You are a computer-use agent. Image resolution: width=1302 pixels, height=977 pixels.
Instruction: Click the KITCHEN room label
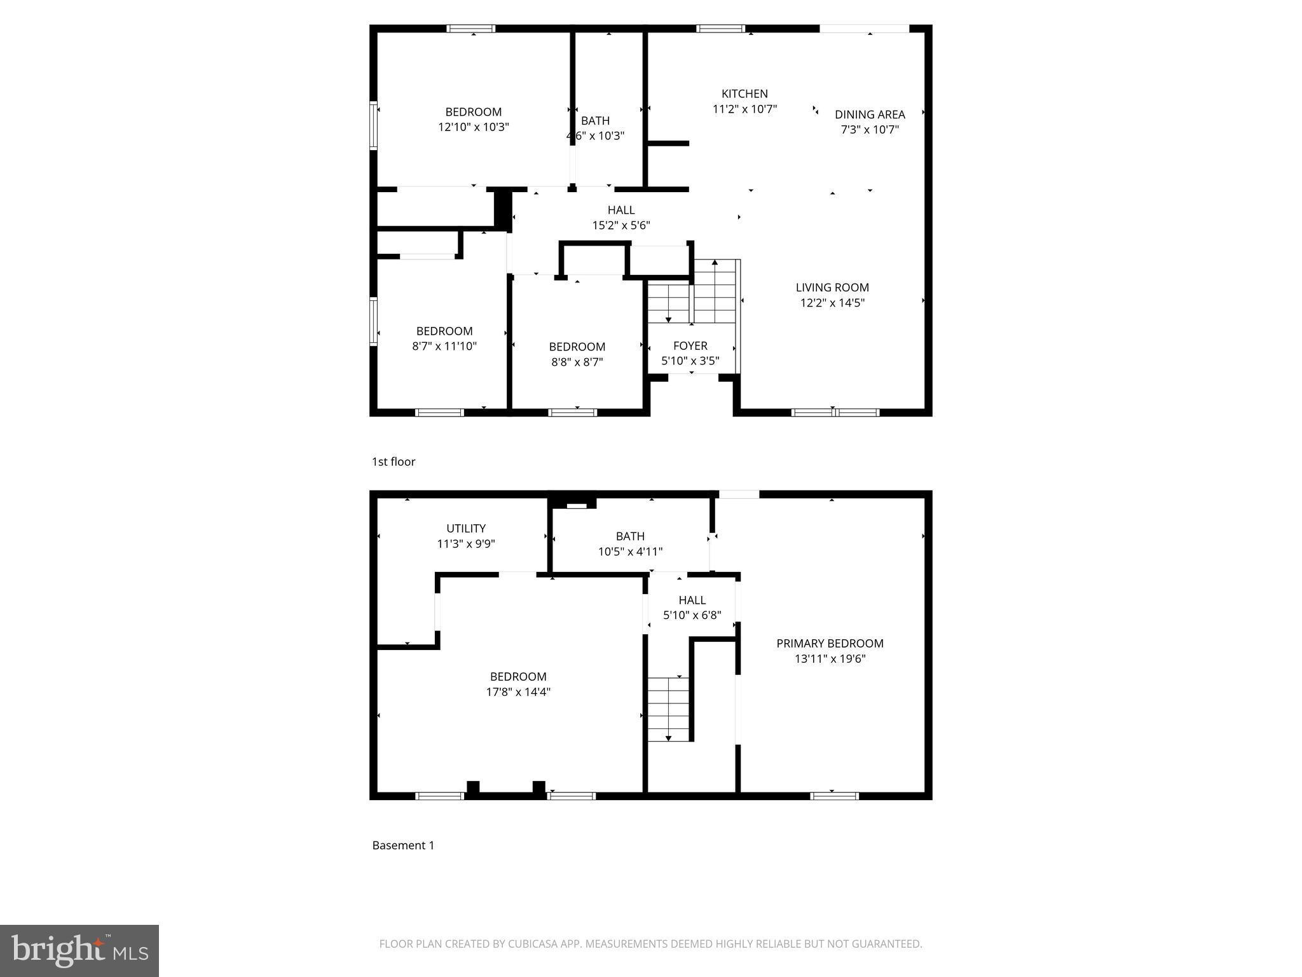click(x=744, y=94)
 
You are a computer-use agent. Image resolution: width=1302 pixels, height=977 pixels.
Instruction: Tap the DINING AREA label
click(x=870, y=114)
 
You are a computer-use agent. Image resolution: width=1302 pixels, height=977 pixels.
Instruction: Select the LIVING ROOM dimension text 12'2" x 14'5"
click(x=832, y=303)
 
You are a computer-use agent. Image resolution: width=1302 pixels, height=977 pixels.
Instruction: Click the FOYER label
click(x=690, y=346)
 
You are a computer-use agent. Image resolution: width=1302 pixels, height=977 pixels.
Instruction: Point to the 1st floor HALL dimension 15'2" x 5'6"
click(x=621, y=225)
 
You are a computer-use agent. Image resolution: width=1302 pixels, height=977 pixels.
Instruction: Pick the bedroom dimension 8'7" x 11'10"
click(x=444, y=346)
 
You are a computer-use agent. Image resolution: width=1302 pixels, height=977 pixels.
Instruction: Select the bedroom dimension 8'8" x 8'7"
click(x=577, y=362)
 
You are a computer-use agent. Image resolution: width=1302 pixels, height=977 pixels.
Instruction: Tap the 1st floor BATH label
click(x=595, y=121)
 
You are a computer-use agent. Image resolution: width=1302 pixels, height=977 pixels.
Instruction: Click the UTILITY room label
click(x=465, y=529)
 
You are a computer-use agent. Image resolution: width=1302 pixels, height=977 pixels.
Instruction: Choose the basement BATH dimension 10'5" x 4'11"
click(x=630, y=551)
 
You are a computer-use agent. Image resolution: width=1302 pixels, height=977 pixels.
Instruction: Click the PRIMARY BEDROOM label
click(x=830, y=644)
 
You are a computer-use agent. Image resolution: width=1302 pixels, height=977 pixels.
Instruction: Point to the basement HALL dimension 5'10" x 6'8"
click(x=692, y=615)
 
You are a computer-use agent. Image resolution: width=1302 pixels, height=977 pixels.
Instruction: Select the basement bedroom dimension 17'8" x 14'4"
click(x=518, y=692)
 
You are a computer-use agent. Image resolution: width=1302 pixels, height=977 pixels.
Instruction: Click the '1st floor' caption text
click(x=394, y=462)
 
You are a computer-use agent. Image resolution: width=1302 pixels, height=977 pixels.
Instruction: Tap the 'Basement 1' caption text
click(x=403, y=845)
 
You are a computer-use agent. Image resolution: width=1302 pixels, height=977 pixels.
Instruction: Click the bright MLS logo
click(x=79, y=950)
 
